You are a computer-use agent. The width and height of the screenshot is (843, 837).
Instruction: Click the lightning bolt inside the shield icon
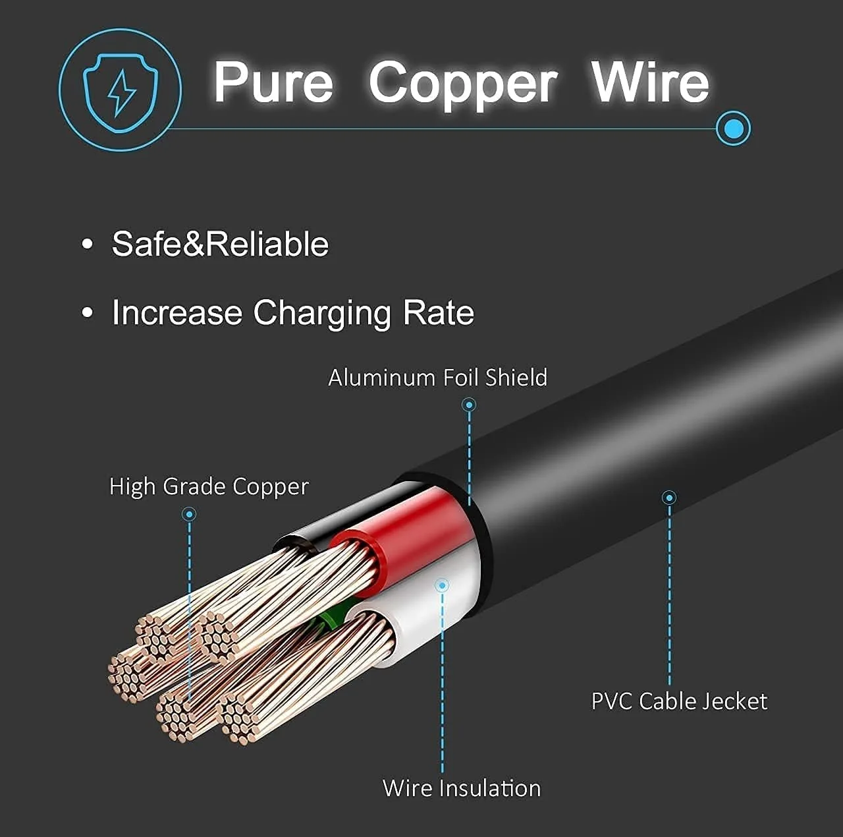pyautogui.click(x=121, y=93)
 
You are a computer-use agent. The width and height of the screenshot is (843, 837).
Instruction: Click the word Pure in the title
pyautogui.click(x=274, y=82)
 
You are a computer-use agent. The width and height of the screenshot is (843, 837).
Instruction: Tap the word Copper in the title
pyautogui.click(x=463, y=85)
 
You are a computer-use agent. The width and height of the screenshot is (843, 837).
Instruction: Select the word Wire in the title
pyautogui.click(x=650, y=82)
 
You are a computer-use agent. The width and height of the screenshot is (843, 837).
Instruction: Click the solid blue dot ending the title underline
pyautogui.click(x=734, y=129)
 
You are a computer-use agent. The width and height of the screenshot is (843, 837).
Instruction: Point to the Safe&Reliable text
pyautogui.click(x=220, y=244)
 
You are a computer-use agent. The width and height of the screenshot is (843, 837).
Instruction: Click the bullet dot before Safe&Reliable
pyautogui.click(x=88, y=244)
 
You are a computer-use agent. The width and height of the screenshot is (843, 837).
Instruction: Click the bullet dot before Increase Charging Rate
pyautogui.click(x=88, y=313)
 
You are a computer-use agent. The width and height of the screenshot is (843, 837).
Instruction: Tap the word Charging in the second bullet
pyautogui.click(x=321, y=314)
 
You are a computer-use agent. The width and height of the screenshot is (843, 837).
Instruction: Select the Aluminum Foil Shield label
pyautogui.click(x=437, y=378)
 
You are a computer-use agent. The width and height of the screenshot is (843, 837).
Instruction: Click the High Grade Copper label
pyautogui.click(x=209, y=487)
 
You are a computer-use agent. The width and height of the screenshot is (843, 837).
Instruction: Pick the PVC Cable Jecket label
pyautogui.click(x=680, y=701)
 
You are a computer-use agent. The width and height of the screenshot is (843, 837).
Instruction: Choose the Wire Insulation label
pyautogui.click(x=462, y=788)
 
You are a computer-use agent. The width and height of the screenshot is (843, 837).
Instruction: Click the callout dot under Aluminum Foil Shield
pyautogui.click(x=469, y=405)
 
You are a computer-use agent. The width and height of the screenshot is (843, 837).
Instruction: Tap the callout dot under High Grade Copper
pyautogui.click(x=189, y=514)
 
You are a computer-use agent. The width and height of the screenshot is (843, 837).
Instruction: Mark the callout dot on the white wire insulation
pyautogui.click(x=443, y=585)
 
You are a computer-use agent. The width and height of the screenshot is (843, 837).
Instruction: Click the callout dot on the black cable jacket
pyautogui.click(x=669, y=498)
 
